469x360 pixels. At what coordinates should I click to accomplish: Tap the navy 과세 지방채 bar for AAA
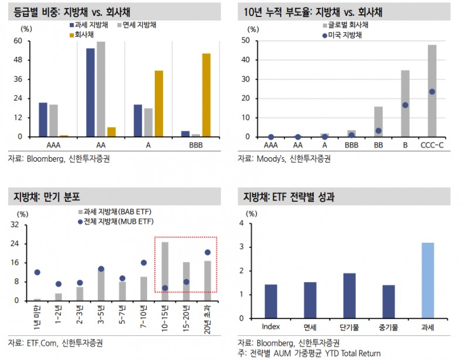coord(43,120)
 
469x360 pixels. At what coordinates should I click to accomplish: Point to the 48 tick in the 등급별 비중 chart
coord(18,60)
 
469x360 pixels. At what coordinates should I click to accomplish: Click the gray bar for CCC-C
coord(432,91)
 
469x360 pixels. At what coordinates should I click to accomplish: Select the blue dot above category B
coord(405,105)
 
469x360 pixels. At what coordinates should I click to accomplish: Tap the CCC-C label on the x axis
coord(432,144)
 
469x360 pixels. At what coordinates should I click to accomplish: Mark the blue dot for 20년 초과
coord(208,252)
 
